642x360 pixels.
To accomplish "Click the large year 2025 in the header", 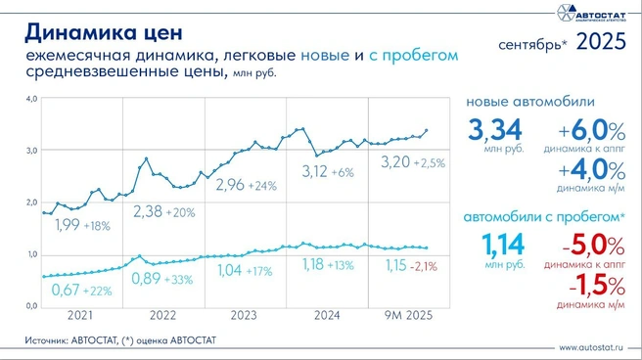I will [x=601, y=42].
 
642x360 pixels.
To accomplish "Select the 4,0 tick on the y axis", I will [x=31, y=99].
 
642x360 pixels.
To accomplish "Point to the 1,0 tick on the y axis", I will [x=31, y=254].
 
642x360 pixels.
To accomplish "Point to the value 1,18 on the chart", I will [x=312, y=264].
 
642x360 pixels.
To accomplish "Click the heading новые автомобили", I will [x=529, y=102].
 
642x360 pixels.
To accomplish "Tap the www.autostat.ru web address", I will [x=594, y=347].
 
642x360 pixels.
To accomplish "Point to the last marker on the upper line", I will [x=425, y=130].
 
